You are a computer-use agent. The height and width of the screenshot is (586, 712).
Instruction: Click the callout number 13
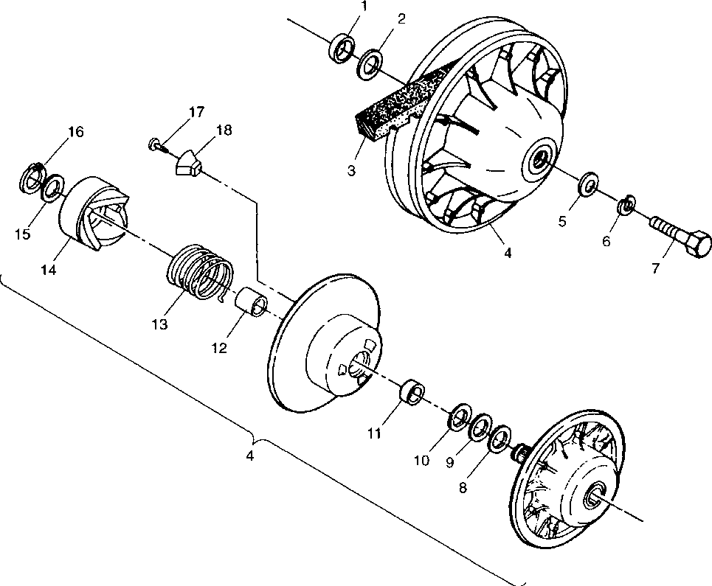coord(159,324)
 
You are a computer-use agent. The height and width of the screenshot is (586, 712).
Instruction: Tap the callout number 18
coord(223,130)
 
